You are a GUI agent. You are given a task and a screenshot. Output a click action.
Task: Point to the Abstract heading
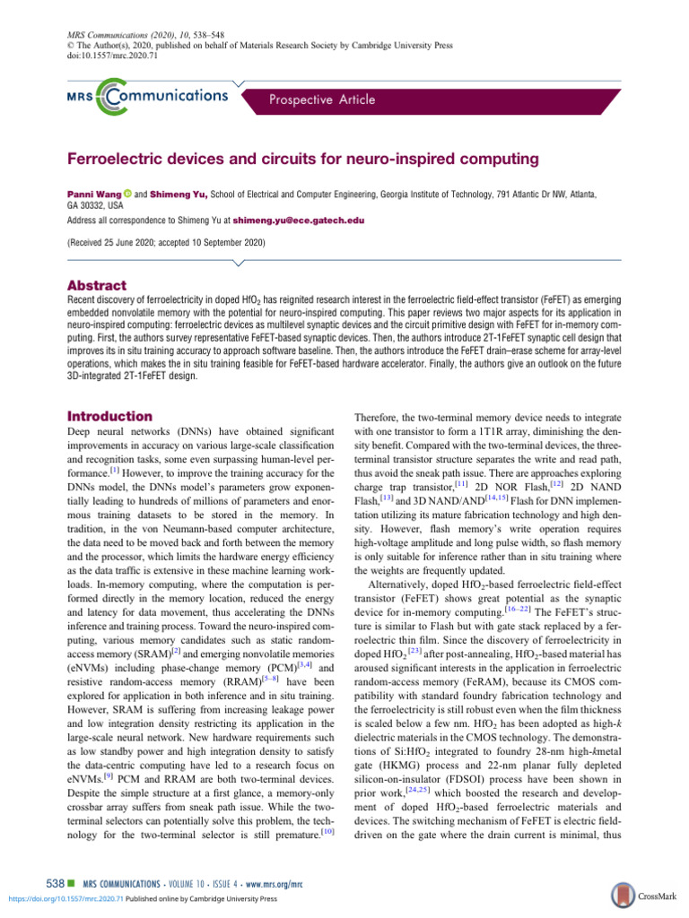pyautogui.click(x=101, y=285)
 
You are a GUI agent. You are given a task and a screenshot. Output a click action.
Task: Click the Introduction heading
pyautogui.click(x=110, y=416)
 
